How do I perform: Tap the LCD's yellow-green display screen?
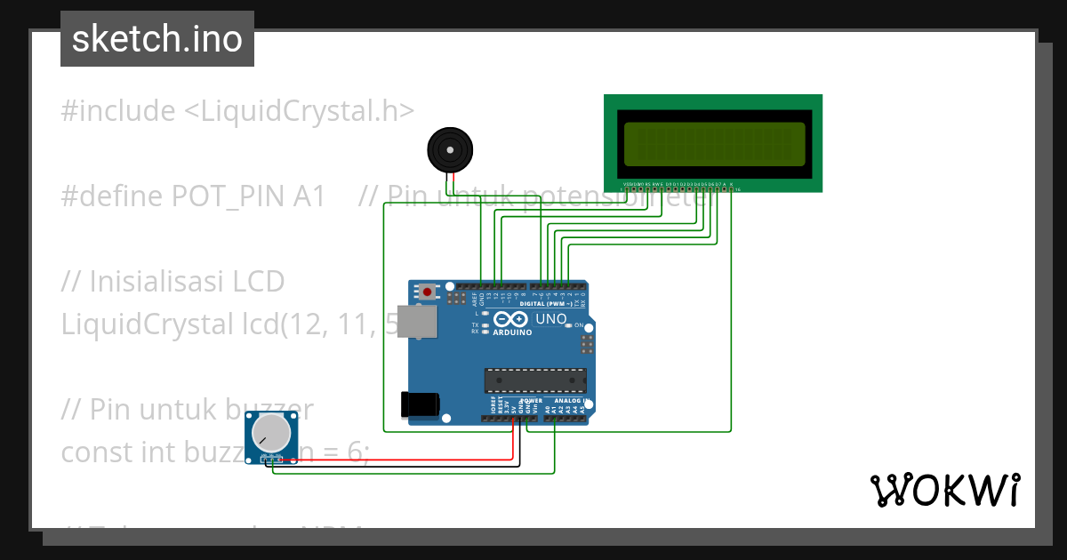click(x=714, y=143)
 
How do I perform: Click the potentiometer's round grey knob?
click(x=270, y=434)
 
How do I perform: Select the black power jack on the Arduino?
click(x=420, y=404)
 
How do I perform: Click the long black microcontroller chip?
click(x=535, y=380)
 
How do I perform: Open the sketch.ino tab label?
click(x=157, y=39)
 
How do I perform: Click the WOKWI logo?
click(x=944, y=490)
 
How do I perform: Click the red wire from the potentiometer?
click(x=400, y=460)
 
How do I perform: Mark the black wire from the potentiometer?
click(x=400, y=466)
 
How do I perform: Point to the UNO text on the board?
click(x=551, y=319)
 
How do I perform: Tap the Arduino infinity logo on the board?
click(x=510, y=319)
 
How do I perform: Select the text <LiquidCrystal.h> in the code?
click(x=300, y=111)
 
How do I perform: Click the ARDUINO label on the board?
click(x=511, y=332)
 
